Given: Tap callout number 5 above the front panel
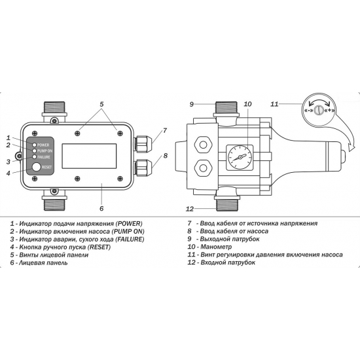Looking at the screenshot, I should [101, 104].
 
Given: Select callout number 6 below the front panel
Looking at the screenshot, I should [101, 209].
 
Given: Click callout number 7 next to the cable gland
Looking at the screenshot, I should [165, 130].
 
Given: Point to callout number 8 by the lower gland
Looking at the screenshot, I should [165, 156].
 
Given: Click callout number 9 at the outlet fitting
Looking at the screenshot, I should [192, 104].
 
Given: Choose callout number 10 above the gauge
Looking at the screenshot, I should [247, 104].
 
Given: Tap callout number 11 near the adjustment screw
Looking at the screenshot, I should [275, 104].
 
